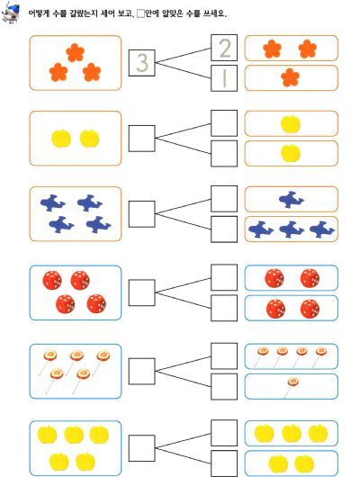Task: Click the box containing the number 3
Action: (142, 63)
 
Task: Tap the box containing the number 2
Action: (224, 48)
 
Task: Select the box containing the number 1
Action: (224, 78)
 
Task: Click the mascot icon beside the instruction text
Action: (11, 13)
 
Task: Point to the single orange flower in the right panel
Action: (291, 77)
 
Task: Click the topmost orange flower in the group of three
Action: (76, 52)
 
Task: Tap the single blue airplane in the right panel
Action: (292, 199)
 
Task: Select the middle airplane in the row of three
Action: (292, 229)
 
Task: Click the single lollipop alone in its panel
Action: (291, 386)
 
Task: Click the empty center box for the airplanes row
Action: (142, 214)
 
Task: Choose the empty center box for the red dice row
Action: (142, 292)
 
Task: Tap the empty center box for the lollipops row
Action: (142, 371)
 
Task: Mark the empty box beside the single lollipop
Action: (224, 386)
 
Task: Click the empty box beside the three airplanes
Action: (224, 229)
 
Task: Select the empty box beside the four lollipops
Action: (224, 356)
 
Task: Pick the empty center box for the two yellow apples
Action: (142, 139)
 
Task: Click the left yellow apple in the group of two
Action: (61, 139)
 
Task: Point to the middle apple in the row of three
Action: (292, 433)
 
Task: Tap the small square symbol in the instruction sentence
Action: (140, 13)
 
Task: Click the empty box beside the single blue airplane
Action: (224, 199)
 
